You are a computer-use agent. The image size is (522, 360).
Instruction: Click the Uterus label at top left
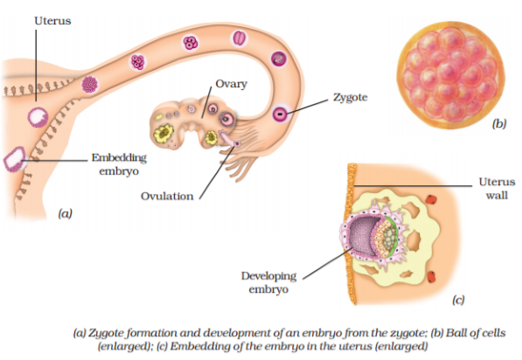(x=52, y=21)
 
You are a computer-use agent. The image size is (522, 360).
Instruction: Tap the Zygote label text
(x=351, y=98)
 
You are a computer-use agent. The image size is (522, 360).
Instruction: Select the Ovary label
(x=231, y=84)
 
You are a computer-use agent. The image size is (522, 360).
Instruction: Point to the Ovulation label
(x=167, y=196)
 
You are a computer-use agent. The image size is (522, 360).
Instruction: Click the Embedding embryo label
(x=119, y=164)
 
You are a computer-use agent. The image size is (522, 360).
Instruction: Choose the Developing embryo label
(x=268, y=282)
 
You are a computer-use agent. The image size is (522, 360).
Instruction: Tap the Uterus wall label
(x=497, y=189)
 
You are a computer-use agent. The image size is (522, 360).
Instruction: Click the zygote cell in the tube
(x=281, y=114)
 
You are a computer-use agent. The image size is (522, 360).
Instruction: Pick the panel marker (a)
(x=65, y=213)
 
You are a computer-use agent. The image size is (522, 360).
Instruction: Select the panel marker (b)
(x=499, y=124)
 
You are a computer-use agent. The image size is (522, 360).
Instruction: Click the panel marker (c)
(x=458, y=300)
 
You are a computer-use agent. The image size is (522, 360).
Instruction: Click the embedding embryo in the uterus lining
(x=15, y=159)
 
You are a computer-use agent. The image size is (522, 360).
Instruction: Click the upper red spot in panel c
(x=431, y=199)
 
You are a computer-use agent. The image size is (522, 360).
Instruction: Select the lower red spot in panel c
(x=431, y=276)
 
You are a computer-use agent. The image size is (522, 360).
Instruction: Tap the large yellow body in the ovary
(x=164, y=134)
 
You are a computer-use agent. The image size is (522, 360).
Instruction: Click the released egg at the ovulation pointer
(x=237, y=143)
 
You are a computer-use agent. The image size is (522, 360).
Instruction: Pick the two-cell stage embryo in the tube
(x=239, y=38)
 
